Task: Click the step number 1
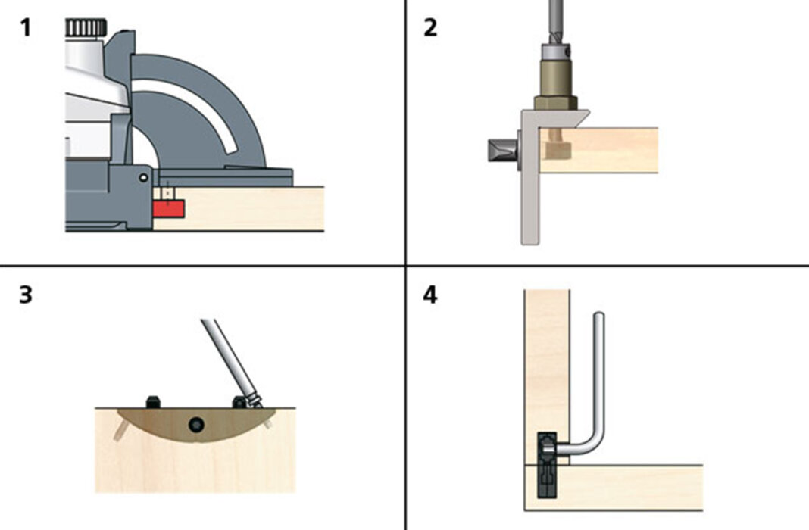(26, 28)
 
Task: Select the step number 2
(430, 28)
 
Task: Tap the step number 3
(26, 294)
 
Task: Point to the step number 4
(430, 294)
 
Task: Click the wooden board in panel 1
(258, 208)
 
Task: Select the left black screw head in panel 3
(151, 402)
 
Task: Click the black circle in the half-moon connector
(197, 424)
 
